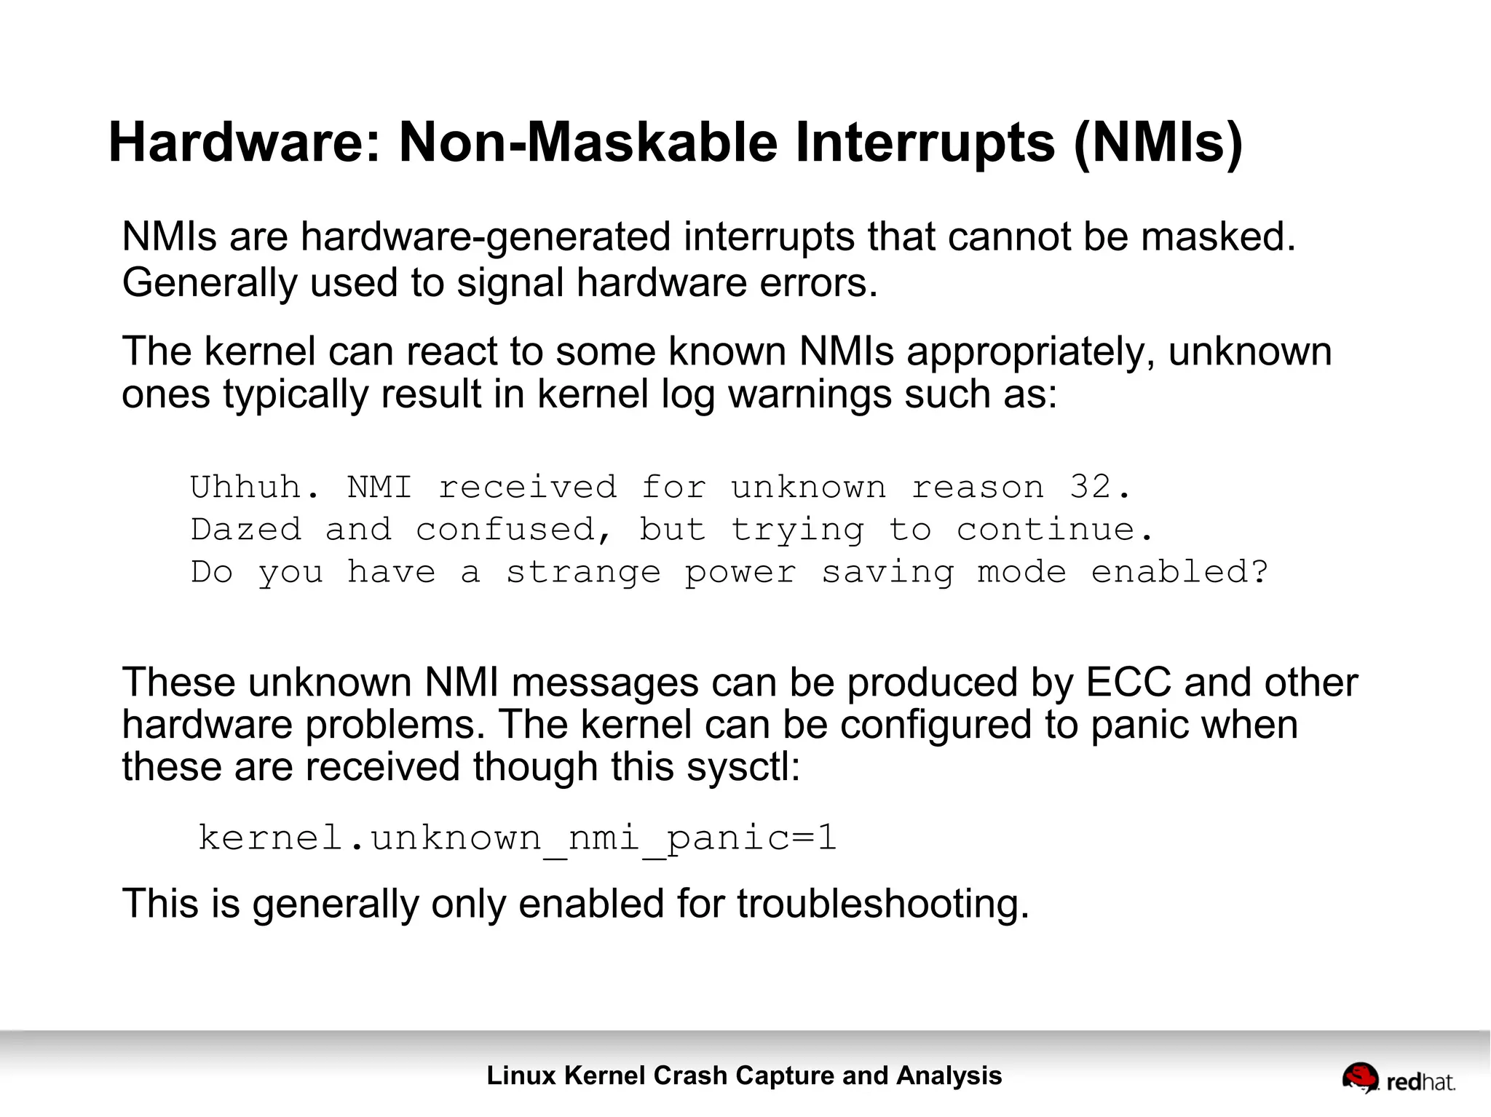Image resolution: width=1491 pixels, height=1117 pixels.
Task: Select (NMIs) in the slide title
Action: (1158, 143)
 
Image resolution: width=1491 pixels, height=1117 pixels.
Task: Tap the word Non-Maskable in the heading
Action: (589, 142)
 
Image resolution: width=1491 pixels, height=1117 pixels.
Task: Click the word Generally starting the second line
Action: (210, 282)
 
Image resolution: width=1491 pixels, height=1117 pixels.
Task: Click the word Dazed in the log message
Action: (246, 530)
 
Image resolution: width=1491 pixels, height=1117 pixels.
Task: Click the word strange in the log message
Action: (583, 572)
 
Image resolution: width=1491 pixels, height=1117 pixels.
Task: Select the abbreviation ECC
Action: (1128, 683)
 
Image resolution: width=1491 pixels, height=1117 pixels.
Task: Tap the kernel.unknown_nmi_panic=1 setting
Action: (517, 838)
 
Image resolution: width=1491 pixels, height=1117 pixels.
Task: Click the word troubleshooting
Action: (882, 904)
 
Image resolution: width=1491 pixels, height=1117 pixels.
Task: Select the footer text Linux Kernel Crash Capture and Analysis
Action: (744, 1076)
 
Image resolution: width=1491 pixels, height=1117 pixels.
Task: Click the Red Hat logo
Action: (1398, 1078)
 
